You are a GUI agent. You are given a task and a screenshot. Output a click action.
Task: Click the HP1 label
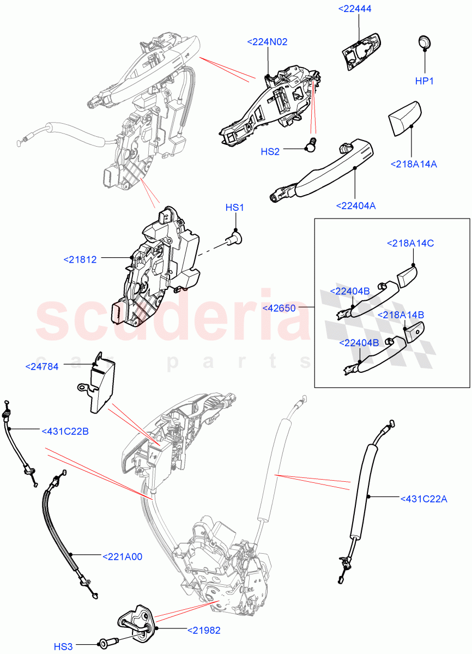point(424,81)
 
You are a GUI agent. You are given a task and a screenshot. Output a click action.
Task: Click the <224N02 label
point(267,42)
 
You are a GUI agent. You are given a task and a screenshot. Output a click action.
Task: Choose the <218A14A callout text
point(414,163)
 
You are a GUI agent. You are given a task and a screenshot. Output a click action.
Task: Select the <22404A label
point(356,205)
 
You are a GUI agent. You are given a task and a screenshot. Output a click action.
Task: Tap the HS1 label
point(235,208)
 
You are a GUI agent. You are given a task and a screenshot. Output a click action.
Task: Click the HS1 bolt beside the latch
point(235,238)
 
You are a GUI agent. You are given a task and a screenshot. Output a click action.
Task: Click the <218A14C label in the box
point(410,243)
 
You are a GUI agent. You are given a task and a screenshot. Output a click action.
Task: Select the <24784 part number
point(42,366)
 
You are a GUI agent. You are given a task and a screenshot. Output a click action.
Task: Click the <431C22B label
point(65,432)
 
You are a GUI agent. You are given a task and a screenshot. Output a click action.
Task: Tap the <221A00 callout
point(122,556)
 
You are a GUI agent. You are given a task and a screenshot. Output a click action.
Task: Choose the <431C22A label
point(423,498)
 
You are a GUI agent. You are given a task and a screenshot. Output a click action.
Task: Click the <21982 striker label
point(204,630)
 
